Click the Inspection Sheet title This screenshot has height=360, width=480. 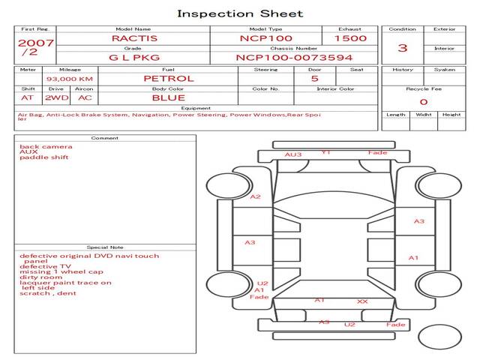coord(240,13)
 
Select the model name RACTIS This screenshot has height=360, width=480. coord(133,37)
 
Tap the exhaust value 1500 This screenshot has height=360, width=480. coord(350,37)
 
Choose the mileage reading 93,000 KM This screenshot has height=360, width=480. coord(69,79)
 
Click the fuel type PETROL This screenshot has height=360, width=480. coord(168,78)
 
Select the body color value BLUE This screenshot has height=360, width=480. coord(168,97)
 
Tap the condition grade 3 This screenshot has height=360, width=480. coord(403,48)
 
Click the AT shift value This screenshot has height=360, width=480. coord(28,97)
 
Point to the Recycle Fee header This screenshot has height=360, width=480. coord(423,88)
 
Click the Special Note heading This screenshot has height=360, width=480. coord(105,247)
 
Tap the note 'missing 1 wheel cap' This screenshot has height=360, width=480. coord(61,271)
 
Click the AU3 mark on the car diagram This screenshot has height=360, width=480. coord(292,154)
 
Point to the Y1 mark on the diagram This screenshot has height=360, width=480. coord(325,152)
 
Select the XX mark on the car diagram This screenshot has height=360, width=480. coord(362,301)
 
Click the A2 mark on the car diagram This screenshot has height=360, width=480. coord(256,196)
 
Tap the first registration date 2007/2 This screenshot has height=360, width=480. coord(35,46)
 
